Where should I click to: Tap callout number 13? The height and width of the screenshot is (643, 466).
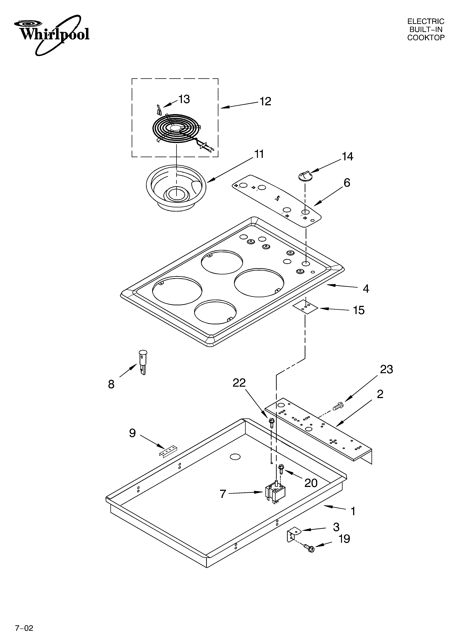pos(184,99)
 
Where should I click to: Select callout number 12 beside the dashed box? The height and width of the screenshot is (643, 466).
pos(265,101)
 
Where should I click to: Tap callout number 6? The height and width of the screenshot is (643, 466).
pos(347,183)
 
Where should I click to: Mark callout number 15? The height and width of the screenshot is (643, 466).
pos(358,310)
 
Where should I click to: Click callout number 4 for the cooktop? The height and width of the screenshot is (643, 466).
pos(366,289)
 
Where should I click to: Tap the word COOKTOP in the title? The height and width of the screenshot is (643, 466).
pos(426,38)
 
